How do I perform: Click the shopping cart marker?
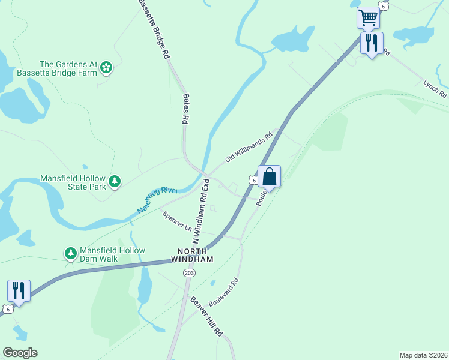click(x=367, y=17)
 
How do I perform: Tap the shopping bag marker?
click(x=270, y=177)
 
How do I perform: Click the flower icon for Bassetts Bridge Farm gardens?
click(x=106, y=68)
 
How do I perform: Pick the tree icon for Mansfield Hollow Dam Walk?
click(x=71, y=254)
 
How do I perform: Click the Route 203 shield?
click(x=189, y=272)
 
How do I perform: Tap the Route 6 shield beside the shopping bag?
click(x=253, y=180)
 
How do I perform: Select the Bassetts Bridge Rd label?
click(x=154, y=29)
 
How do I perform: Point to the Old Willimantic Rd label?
click(x=249, y=148)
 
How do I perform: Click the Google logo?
click(x=20, y=353)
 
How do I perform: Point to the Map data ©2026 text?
click(x=423, y=355)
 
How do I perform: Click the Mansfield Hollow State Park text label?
click(x=73, y=182)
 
